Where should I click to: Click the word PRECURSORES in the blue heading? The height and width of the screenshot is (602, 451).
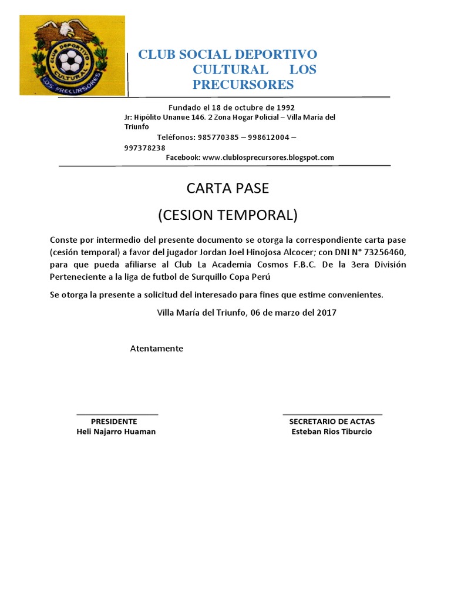[x=243, y=85]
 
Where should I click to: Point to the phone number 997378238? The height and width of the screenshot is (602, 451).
[x=144, y=148]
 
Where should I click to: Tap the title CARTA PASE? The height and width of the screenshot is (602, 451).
[x=227, y=189]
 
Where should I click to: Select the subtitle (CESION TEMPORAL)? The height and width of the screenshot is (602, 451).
[x=227, y=215]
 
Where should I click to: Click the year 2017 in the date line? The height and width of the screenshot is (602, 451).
[x=326, y=313]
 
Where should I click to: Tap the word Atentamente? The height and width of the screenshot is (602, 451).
[x=156, y=349]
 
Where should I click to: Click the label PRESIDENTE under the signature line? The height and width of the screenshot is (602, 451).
[x=114, y=422]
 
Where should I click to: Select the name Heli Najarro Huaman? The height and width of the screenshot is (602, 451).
[x=116, y=432]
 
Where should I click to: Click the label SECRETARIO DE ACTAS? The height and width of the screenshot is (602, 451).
[x=332, y=422]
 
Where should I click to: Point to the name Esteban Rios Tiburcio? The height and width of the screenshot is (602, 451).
[x=332, y=432]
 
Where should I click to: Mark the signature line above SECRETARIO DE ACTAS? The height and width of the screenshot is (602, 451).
[x=332, y=415]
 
